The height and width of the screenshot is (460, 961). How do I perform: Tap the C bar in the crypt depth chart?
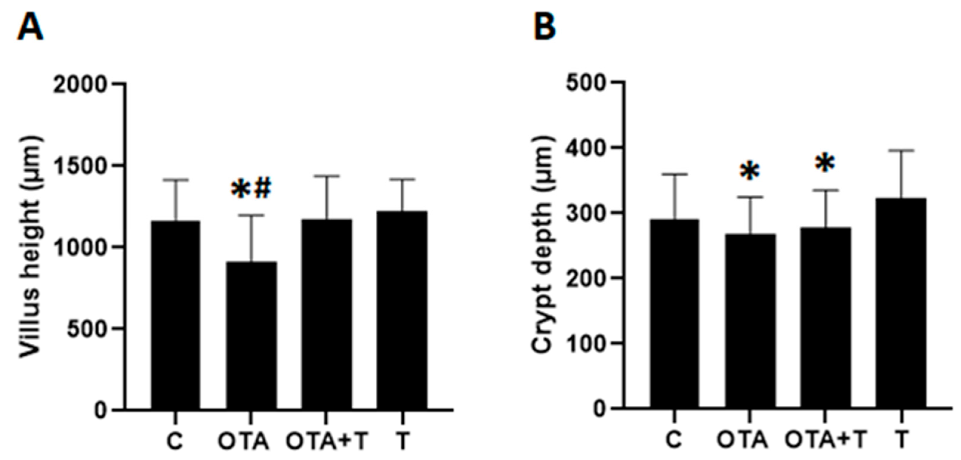pos(675,313)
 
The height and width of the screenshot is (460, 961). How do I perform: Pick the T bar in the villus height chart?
pos(402,309)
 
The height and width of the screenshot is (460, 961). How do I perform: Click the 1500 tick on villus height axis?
pos(80,167)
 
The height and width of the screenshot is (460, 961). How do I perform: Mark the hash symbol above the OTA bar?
pos(263,189)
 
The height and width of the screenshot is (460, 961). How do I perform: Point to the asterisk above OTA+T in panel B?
pos(825,163)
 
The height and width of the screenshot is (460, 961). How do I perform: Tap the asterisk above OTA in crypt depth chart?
pos(749,172)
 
